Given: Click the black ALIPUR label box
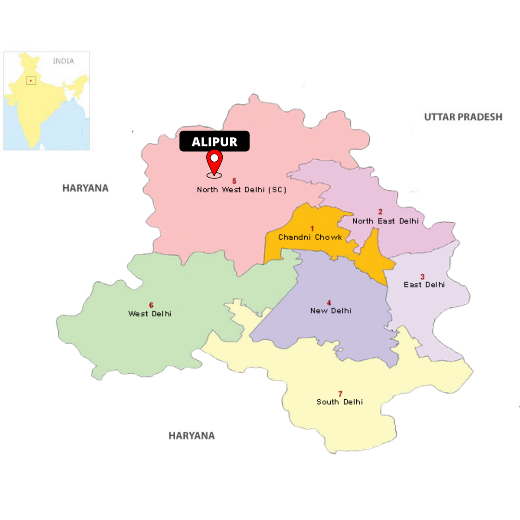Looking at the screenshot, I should (x=214, y=142).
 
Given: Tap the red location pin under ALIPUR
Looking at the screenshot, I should (x=214, y=162).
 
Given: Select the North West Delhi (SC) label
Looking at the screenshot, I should (x=242, y=190).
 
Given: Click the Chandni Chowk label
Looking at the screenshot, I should (x=310, y=237).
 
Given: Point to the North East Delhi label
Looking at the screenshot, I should (x=385, y=221).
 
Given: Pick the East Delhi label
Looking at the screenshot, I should (x=424, y=285).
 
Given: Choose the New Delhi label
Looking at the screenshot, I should (x=331, y=311).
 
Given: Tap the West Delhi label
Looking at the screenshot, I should (x=150, y=313).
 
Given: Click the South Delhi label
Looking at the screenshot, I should (x=339, y=402).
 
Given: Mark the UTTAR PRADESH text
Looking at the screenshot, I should (x=463, y=117).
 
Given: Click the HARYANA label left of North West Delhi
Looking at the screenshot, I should (x=85, y=188).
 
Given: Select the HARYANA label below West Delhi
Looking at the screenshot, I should (x=191, y=436).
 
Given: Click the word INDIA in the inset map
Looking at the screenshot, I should (x=64, y=61).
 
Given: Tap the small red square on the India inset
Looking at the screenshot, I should (x=31, y=80).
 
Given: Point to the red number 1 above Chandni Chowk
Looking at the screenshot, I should (x=312, y=228).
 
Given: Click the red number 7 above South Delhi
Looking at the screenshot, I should (x=340, y=393).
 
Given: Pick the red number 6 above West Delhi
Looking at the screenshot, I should (x=151, y=305).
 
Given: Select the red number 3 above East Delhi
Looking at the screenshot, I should (x=423, y=276).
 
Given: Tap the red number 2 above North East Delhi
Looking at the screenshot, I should (x=380, y=212).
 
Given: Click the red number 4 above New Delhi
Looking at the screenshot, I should (x=329, y=302).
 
